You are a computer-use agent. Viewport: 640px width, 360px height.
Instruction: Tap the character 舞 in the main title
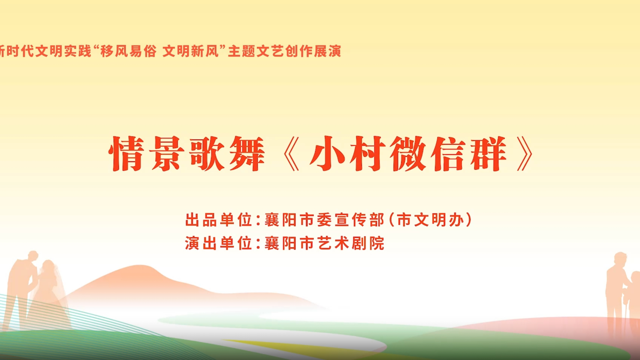click(247, 153)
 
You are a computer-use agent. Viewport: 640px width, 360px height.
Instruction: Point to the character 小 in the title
click(327, 153)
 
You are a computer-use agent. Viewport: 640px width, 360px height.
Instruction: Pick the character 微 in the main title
click(408, 153)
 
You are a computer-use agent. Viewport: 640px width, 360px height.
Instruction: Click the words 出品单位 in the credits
click(218, 220)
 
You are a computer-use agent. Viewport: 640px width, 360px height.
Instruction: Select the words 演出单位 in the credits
click(218, 243)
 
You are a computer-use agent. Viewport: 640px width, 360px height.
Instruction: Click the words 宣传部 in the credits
click(359, 220)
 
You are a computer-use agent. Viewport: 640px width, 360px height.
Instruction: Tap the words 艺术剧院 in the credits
click(351, 243)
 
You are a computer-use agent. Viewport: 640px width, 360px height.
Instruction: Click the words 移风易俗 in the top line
click(128, 51)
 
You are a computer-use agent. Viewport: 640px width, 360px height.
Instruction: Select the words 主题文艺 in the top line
click(256, 51)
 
